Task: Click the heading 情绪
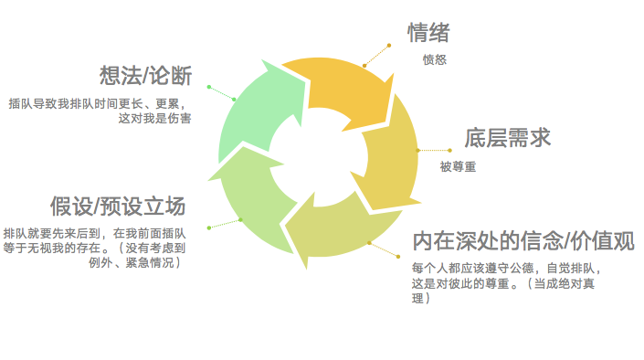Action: coord(428,33)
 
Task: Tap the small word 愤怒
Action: coord(435,59)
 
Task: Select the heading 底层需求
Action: coord(507,138)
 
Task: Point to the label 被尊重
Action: coord(458,166)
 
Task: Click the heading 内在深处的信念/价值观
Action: coord(523,241)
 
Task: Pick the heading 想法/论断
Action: coord(146,76)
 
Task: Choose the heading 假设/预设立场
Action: coord(118,206)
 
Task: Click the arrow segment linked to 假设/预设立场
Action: coord(250,197)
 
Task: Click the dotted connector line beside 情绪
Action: coord(376,56)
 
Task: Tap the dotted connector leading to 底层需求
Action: coord(434,151)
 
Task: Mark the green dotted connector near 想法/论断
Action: coord(221,93)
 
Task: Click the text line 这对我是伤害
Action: coord(155,119)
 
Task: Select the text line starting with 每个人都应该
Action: coord(507,269)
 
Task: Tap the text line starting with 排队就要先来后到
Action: coord(94,233)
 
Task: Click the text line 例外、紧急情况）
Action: coord(134,262)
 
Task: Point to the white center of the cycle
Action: coord(318,158)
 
